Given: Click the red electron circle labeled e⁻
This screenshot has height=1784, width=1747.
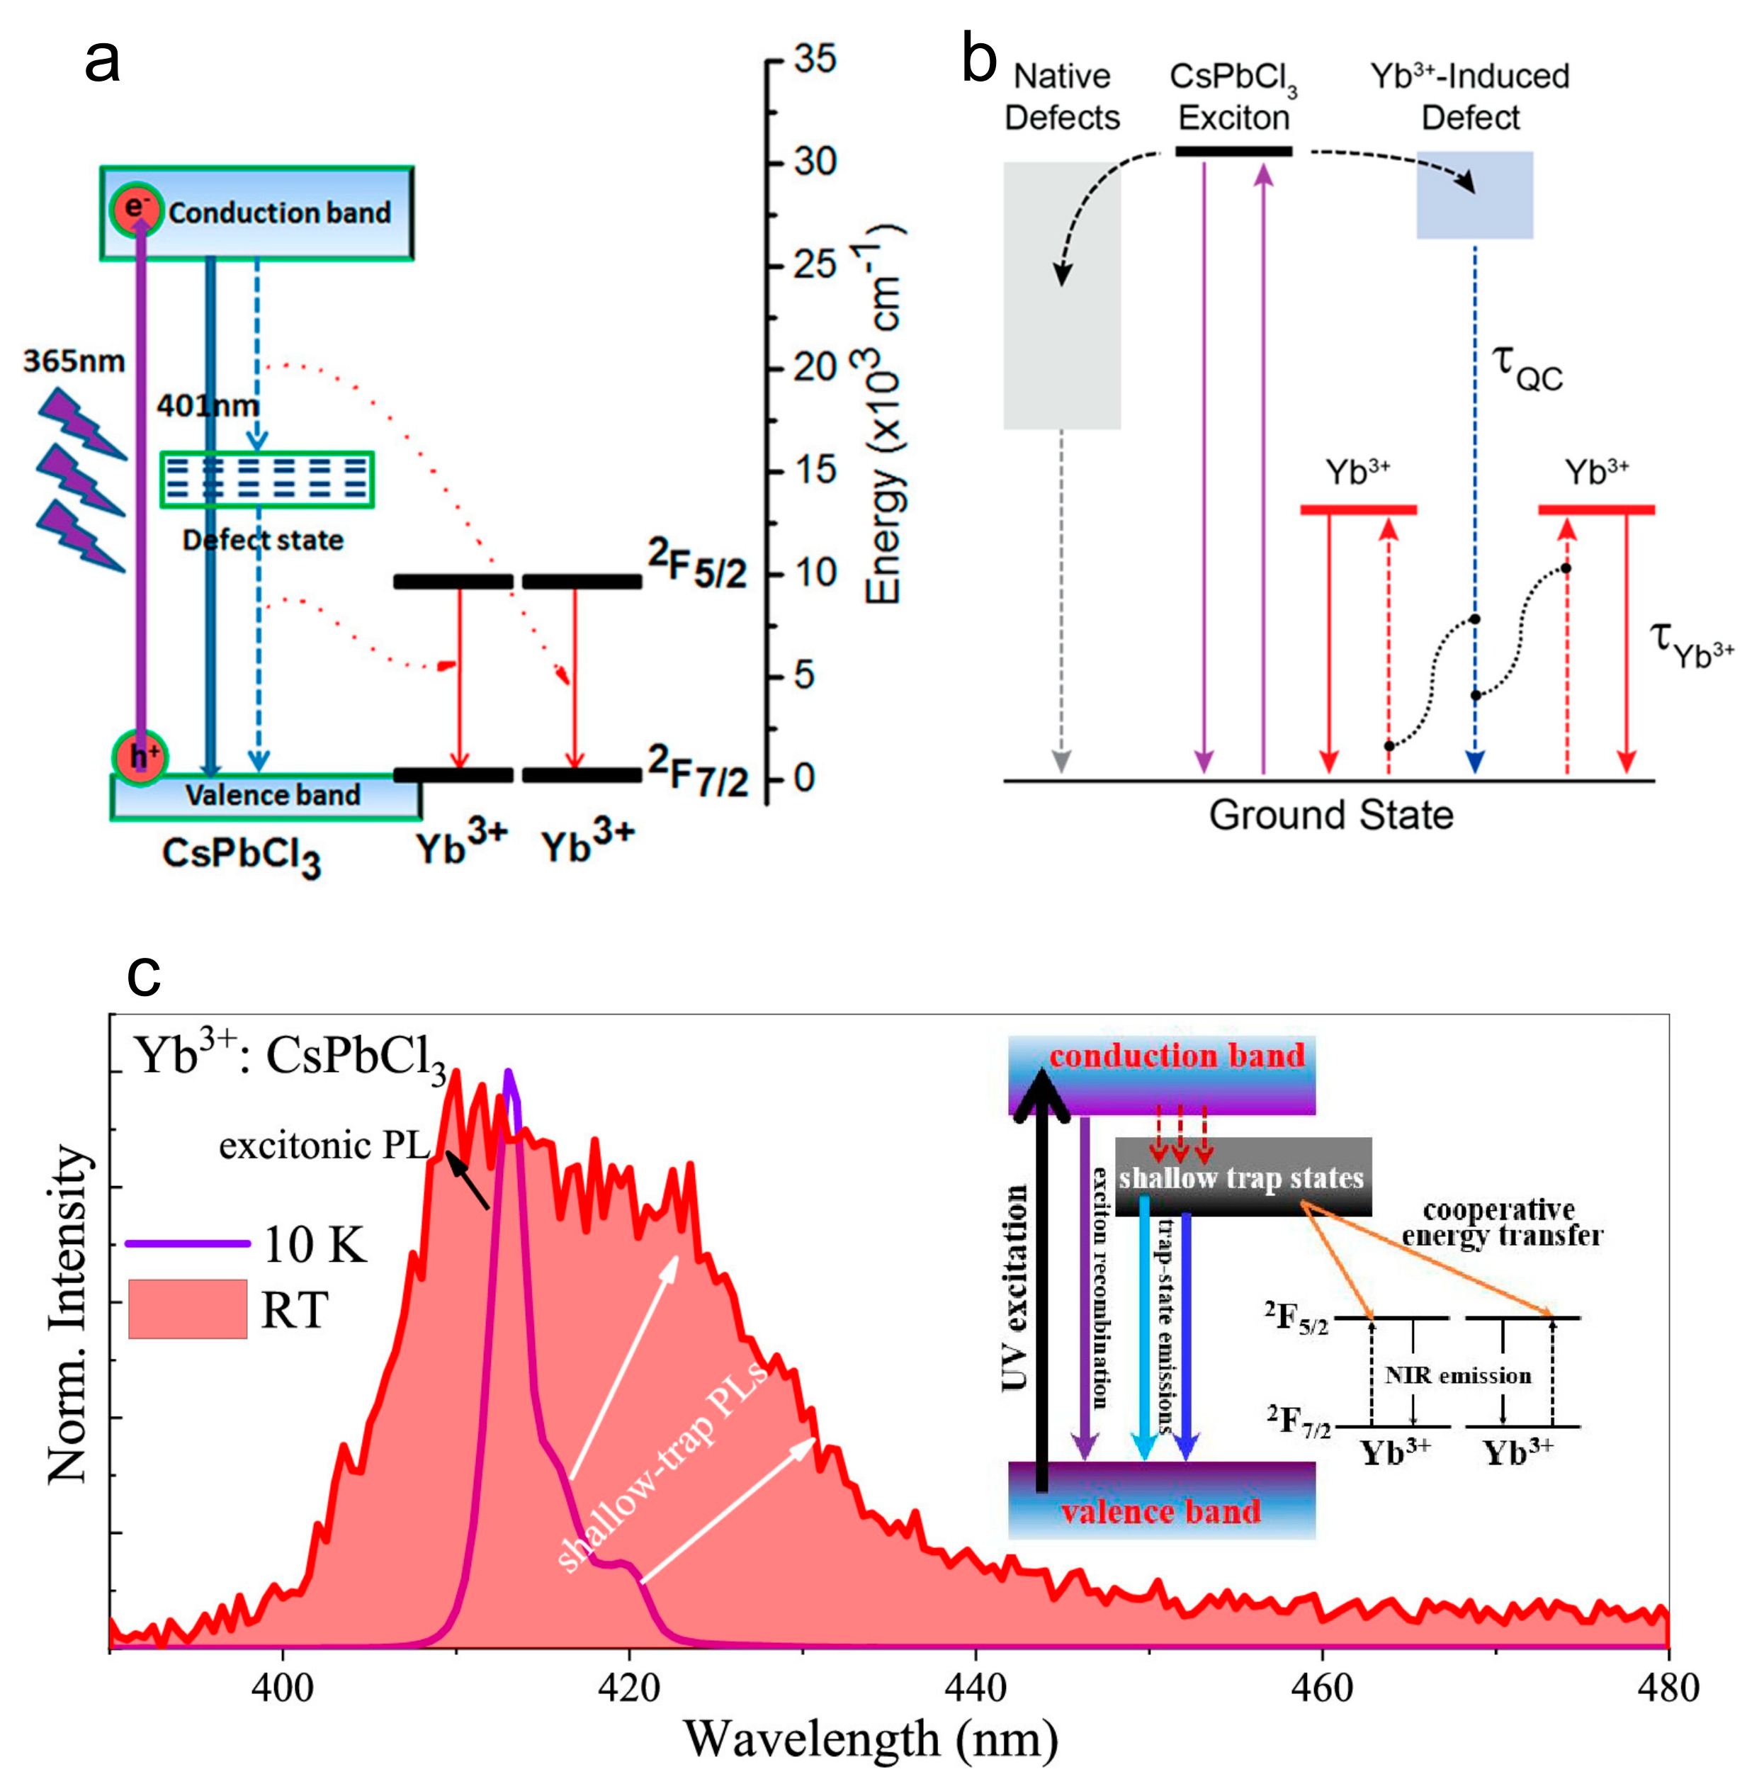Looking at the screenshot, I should tap(136, 209).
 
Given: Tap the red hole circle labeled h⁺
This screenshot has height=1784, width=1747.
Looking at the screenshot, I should tap(140, 757).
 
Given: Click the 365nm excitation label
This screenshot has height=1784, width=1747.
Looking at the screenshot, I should tap(74, 361).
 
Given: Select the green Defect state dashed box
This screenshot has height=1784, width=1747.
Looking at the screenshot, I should tap(267, 479).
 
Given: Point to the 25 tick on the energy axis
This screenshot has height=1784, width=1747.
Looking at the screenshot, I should tap(814, 265).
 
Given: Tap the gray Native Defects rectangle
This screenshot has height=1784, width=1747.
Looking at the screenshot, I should tap(1062, 295).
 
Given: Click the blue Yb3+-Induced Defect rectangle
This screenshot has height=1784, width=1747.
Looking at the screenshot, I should tap(1474, 195).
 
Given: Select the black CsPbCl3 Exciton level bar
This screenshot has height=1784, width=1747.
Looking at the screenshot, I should tap(1233, 150).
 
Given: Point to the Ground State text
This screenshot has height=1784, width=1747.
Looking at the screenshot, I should tap(1330, 815).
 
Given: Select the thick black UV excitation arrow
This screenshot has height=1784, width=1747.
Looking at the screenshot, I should tap(1041, 1285).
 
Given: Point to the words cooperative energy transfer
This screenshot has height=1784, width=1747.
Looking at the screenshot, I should tap(1501, 1224).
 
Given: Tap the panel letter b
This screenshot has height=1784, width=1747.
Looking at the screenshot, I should tap(978, 60).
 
